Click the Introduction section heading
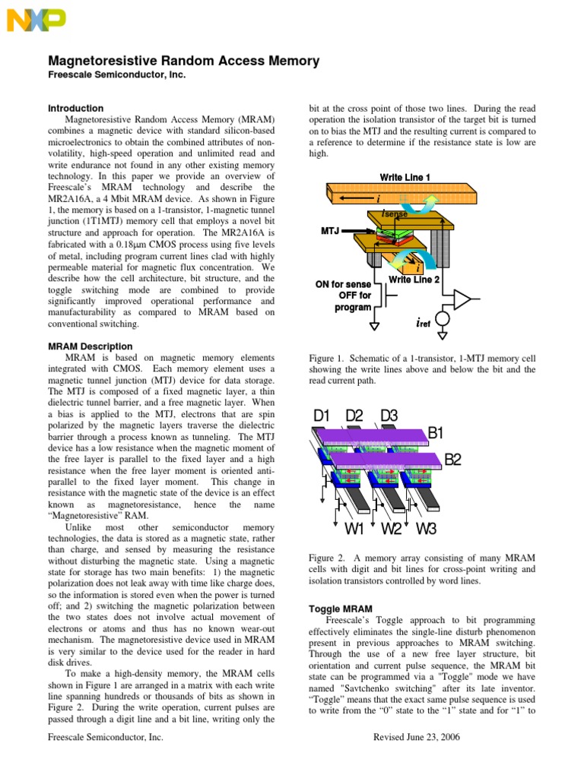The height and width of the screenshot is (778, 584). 76,108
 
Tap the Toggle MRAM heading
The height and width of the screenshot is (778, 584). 340,609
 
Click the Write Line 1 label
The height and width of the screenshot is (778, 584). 405,177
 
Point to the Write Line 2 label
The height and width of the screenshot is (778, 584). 414,280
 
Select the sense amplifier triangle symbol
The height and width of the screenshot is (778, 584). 462,302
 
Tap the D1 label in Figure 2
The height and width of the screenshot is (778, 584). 322,416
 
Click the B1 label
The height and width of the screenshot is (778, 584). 436,433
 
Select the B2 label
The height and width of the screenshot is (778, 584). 453,459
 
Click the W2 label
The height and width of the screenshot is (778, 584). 392,528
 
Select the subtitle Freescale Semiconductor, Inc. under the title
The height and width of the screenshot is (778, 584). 117,75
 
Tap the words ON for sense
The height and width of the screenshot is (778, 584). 343,285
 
